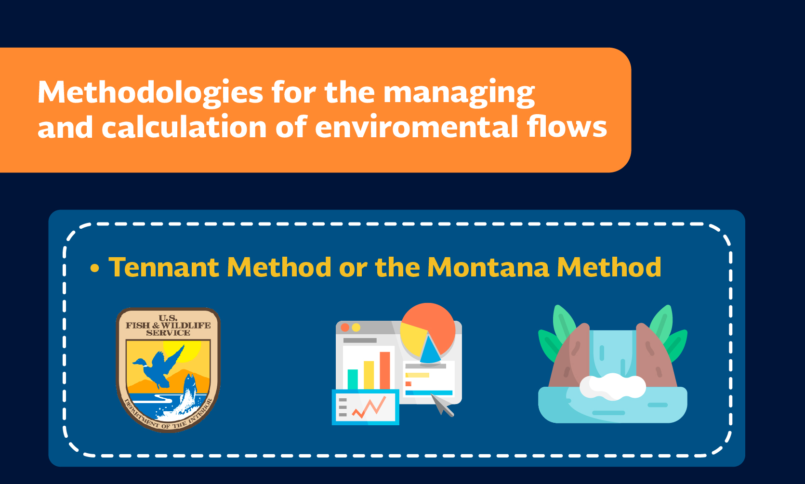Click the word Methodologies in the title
pyautogui.click(x=150, y=92)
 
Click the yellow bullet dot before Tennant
pyautogui.click(x=94, y=268)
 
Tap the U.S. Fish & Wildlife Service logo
pyautogui.click(x=168, y=370)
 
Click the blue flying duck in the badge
pyautogui.click(x=158, y=366)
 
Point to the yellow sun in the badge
pyautogui.click(x=187, y=350)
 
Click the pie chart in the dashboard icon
pyautogui.click(x=428, y=333)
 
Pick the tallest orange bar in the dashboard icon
pyautogui.click(x=385, y=370)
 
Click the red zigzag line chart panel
pyautogui.click(x=366, y=407)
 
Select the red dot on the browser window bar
pyautogui.click(x=345, y=327)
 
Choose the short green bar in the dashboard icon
pyautogui.click(x=353, y=379)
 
